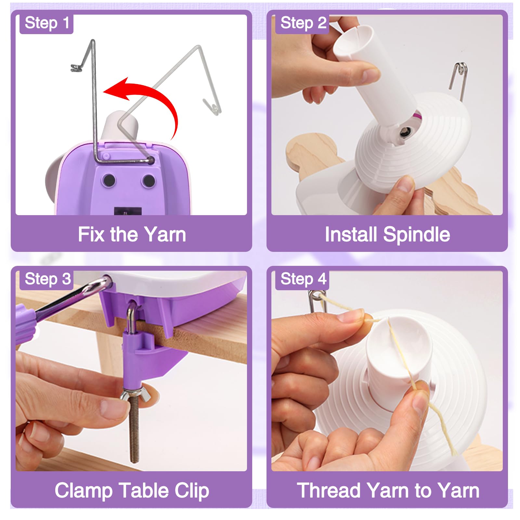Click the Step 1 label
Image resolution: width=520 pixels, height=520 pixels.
[47, 23]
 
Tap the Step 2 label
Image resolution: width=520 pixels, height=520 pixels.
[303, 23]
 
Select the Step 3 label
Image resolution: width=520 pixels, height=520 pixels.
[47, 279]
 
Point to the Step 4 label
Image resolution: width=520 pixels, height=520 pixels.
[303, 279]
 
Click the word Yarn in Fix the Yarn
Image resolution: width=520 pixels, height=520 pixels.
[165, 234]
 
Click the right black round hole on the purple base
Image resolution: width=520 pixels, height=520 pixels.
[149, 180]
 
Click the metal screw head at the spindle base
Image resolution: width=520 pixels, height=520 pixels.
[405, 132]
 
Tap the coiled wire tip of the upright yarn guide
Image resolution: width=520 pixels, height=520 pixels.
[76, 68]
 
